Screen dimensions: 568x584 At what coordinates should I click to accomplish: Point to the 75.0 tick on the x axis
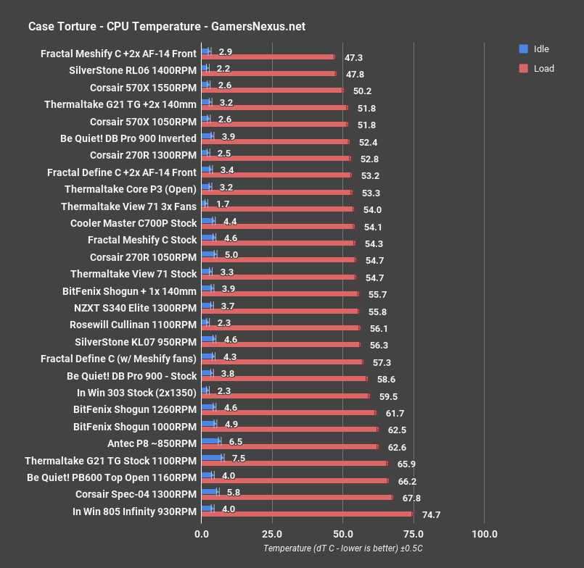[414, 535]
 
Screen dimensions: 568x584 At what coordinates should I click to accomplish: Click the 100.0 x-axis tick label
[484, 535]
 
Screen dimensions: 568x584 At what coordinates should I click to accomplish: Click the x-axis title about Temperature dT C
[342, 549]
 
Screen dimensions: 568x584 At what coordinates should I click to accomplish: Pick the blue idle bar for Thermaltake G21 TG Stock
[212, 457]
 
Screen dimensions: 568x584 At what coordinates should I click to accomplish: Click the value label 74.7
[432, 515]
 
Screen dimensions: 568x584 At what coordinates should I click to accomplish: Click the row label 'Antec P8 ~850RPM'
[152, 443]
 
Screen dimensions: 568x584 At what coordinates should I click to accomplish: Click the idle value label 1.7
[223, 206]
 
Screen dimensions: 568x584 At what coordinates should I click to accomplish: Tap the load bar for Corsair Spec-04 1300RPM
[297, 498]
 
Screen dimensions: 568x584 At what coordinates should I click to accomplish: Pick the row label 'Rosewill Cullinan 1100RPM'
[133, 325]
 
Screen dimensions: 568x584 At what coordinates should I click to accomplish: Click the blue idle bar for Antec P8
[210, 440]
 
